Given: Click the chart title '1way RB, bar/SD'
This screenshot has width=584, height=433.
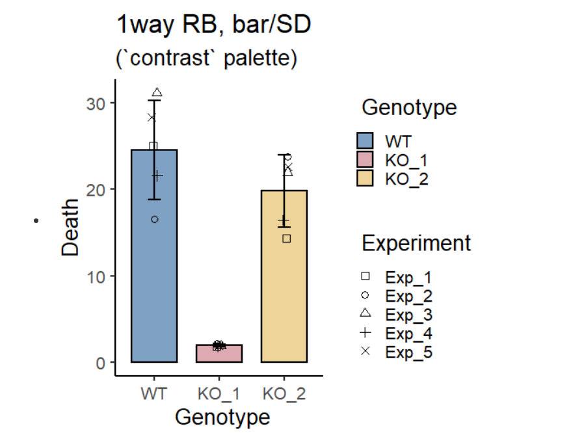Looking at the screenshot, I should (214, 25).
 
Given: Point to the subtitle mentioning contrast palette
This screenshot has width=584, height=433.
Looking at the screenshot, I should (206, 58).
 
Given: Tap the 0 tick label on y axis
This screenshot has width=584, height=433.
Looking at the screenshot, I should (101, 363).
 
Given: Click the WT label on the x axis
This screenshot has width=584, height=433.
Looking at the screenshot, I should (153, 394).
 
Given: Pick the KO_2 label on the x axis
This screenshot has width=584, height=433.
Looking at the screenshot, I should (284, 394).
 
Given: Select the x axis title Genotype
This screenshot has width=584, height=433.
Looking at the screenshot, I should (222, 416).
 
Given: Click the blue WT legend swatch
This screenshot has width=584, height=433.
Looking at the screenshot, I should (365, 141).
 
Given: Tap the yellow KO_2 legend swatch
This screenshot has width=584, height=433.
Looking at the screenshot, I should (365, 178).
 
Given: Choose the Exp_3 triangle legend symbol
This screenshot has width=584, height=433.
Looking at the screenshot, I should (365, 314).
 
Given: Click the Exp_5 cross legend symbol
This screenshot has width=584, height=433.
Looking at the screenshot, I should (365, 351).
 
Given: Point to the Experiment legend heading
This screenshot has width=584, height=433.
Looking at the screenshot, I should (416, 243).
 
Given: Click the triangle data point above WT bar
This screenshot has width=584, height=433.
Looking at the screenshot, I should (157, 93).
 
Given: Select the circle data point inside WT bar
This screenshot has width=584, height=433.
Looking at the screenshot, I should (155, 219).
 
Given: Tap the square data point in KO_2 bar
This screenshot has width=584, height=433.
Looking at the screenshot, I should (286, 239).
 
